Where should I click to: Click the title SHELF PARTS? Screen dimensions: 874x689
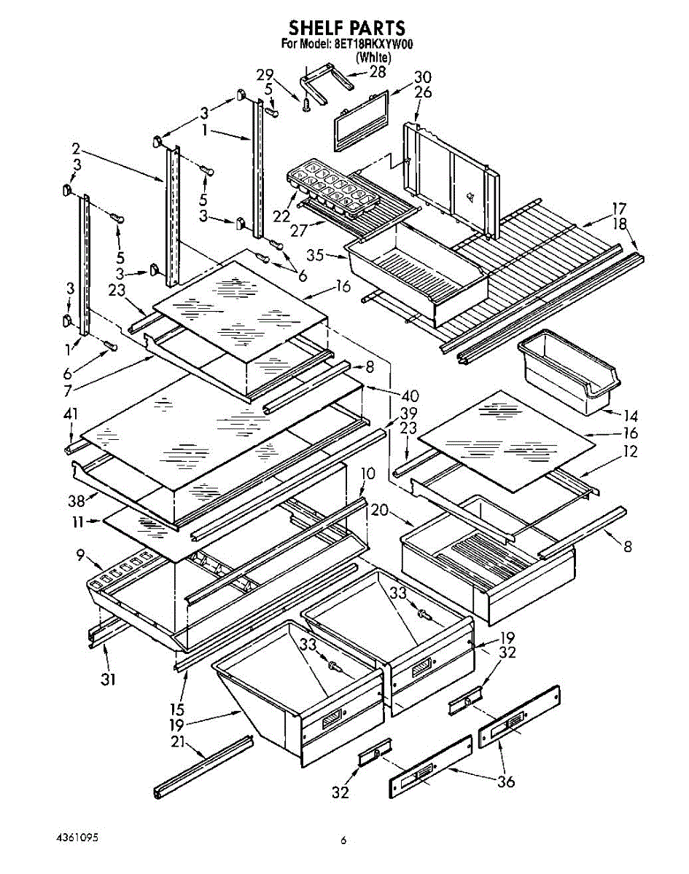[x=346, y=28]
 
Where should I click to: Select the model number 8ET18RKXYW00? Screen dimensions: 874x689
[x=374, y=44]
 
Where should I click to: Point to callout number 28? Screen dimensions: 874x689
[x=377, y=71]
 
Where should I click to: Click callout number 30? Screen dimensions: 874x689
[x=422, y=77]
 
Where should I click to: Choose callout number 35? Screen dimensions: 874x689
[x=315, y=256]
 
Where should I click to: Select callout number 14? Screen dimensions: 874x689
[x=631, y=417]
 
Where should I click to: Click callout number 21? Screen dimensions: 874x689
[x=177, y=741]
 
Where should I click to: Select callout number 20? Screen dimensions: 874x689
[x=379, y=510]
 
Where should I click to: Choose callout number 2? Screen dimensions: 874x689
[x=77, y=149]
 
